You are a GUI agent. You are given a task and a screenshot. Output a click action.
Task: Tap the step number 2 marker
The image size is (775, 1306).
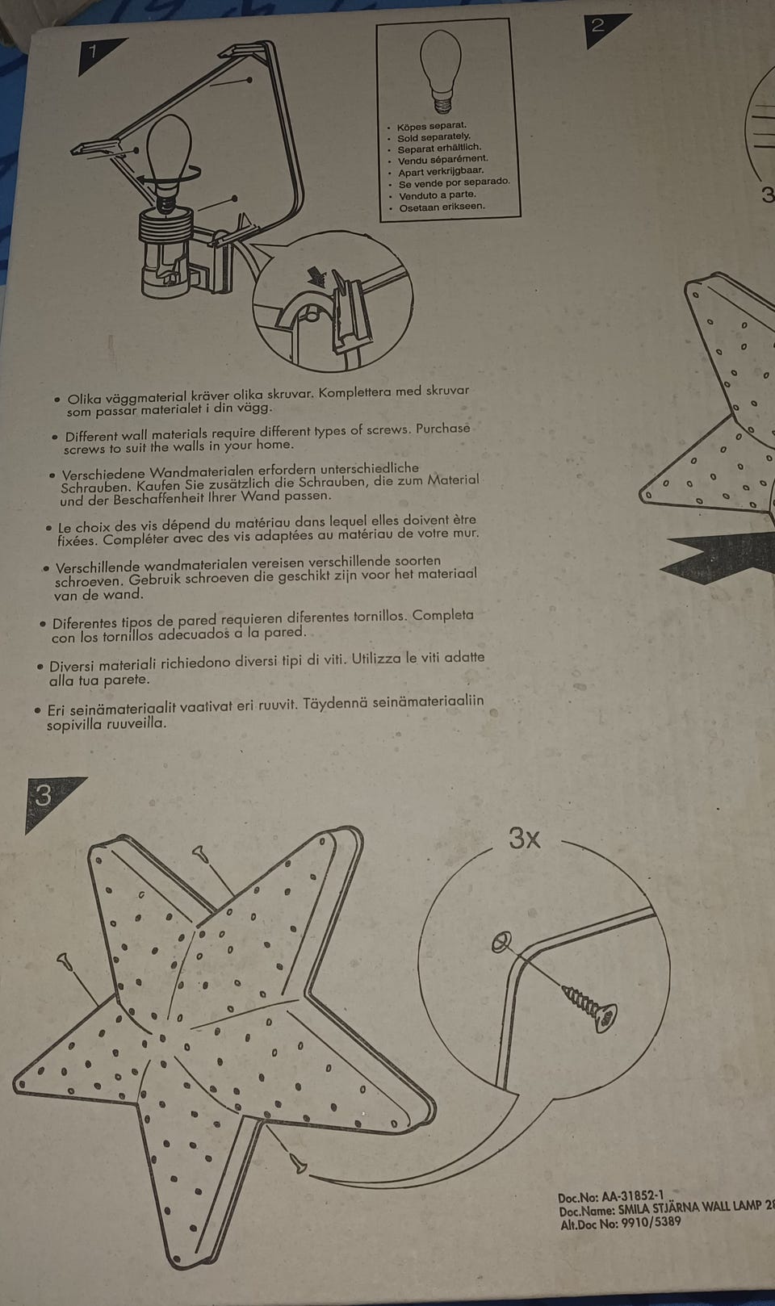601,27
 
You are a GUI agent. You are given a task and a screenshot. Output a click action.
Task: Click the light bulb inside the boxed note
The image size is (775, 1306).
441,70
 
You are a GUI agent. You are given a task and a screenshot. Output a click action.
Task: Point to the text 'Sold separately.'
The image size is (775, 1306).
434,137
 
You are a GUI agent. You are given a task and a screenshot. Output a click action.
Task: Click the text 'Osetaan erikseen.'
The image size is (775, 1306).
442,207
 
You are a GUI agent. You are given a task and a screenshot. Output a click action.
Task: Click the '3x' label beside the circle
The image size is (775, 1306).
524,839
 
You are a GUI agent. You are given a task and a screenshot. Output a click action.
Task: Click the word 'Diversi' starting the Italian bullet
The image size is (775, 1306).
70,667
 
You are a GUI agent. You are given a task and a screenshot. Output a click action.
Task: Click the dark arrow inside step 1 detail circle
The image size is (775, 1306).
318,276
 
